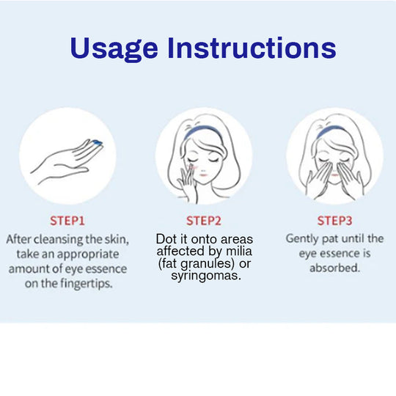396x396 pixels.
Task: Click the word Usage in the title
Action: tap(114, 48)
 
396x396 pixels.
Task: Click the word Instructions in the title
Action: tap(252, 47)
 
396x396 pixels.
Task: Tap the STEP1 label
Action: tap(67, 221)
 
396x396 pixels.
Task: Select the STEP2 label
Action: tap(204, 221)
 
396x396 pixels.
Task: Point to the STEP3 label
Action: tap(334, 221)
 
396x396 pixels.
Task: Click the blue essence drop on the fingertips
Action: tap(97, 143)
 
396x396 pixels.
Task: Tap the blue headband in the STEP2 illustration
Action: tap(203, 133)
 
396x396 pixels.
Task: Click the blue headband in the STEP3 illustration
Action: tap(334, 132)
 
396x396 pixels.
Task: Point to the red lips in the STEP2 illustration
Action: tap(203, 175)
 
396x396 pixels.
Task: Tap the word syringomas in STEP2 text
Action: tap(206, 276)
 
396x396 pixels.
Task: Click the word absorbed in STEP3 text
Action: tap(334, 268)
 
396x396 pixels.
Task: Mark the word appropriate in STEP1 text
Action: tap(88, 254)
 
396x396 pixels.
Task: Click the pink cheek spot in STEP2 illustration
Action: tap(194, 166)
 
